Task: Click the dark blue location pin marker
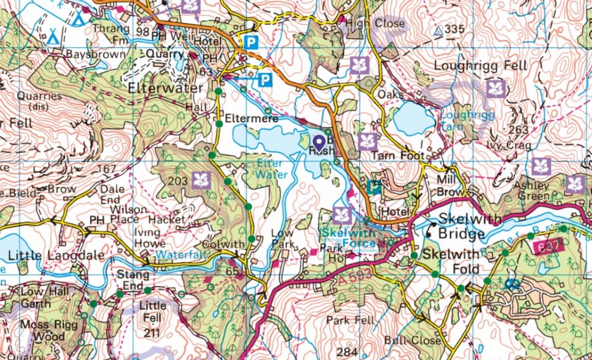click(x=318, y=142)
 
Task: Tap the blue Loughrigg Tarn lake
click(x=413, y=118)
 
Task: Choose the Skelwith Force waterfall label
click(x=350, y=237)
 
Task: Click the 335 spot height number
click(x=454, y=30)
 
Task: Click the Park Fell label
click(x=349, y=320)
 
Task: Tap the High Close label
click(x=375, y=24)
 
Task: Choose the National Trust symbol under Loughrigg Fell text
click(x=496, y=89)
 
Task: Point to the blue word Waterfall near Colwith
click(x=178, y=255)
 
